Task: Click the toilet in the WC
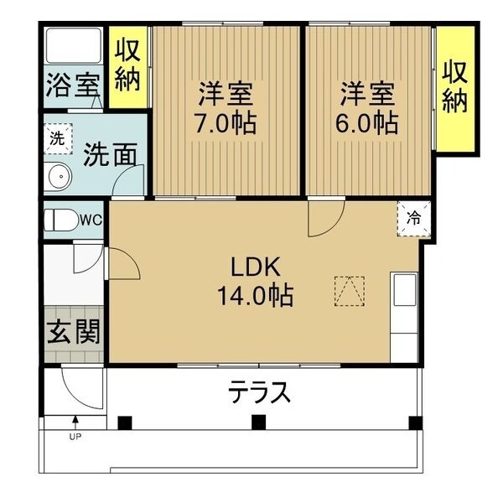point(61,220)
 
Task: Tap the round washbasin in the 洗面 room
point(60,176)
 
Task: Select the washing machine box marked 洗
point(58,139)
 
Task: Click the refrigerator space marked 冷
point(413,219)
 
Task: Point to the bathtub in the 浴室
point(74,46)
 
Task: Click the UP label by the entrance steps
point(75,436)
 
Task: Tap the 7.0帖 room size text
point(226,123)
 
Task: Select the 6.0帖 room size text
point(366,123)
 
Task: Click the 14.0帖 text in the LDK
point(256,295)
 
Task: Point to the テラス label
point(259,392)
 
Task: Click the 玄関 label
point(74,332)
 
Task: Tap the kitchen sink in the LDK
point(405,290)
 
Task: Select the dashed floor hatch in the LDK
point(350,291)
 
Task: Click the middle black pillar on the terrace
point(258,422)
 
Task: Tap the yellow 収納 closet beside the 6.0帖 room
point(455,88)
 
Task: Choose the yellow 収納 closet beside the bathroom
point(127,67)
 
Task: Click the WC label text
point(91,220)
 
